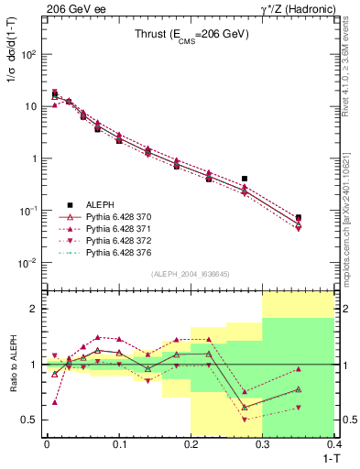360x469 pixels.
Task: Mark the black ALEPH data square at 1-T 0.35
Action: pyautogui.click(x=299, y=218)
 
